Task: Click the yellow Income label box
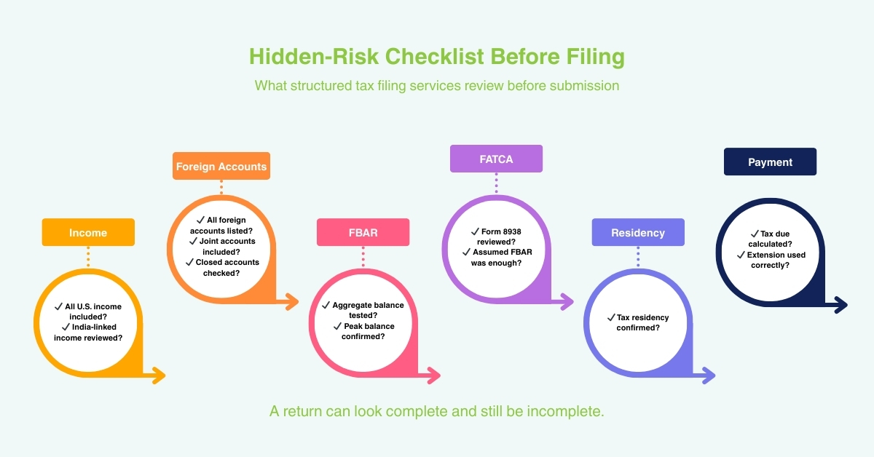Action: [88, 232]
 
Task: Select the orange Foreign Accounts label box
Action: [221, 166]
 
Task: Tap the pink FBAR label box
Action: [363, 232]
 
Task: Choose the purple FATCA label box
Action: [496, 159]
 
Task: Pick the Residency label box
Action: [638, 232]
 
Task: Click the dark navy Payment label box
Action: [770, 162]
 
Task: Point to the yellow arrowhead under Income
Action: [158, 376]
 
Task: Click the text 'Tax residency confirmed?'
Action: [637, 322]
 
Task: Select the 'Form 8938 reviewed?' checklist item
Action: [496, 236]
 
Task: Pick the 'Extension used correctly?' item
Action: [770, 260]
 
